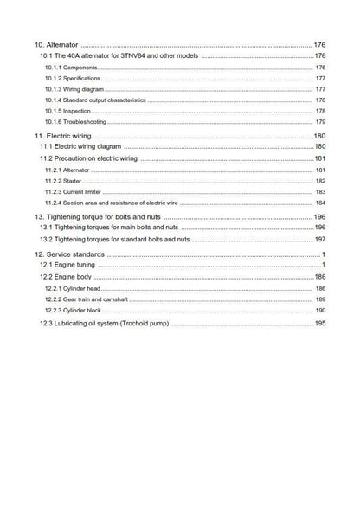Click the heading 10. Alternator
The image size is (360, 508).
[55, 44]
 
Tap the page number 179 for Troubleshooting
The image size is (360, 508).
[319, 122]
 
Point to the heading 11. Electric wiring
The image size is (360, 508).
[63, 137]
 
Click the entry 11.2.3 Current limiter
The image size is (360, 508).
[72, 192]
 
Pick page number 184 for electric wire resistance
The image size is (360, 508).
[319, 203]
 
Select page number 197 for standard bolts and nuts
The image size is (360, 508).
[318, 239]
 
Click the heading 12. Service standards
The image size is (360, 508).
[69, 254]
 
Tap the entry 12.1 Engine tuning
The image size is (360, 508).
[72, 265]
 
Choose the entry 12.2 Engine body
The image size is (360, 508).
[69, 276]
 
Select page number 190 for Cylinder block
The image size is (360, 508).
[319, 310]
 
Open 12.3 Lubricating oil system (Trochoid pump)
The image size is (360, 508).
[105, 324]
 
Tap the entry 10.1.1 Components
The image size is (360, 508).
[71, 68]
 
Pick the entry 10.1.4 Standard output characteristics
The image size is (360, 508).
[94, 100]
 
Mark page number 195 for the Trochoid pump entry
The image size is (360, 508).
[318, 324]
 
